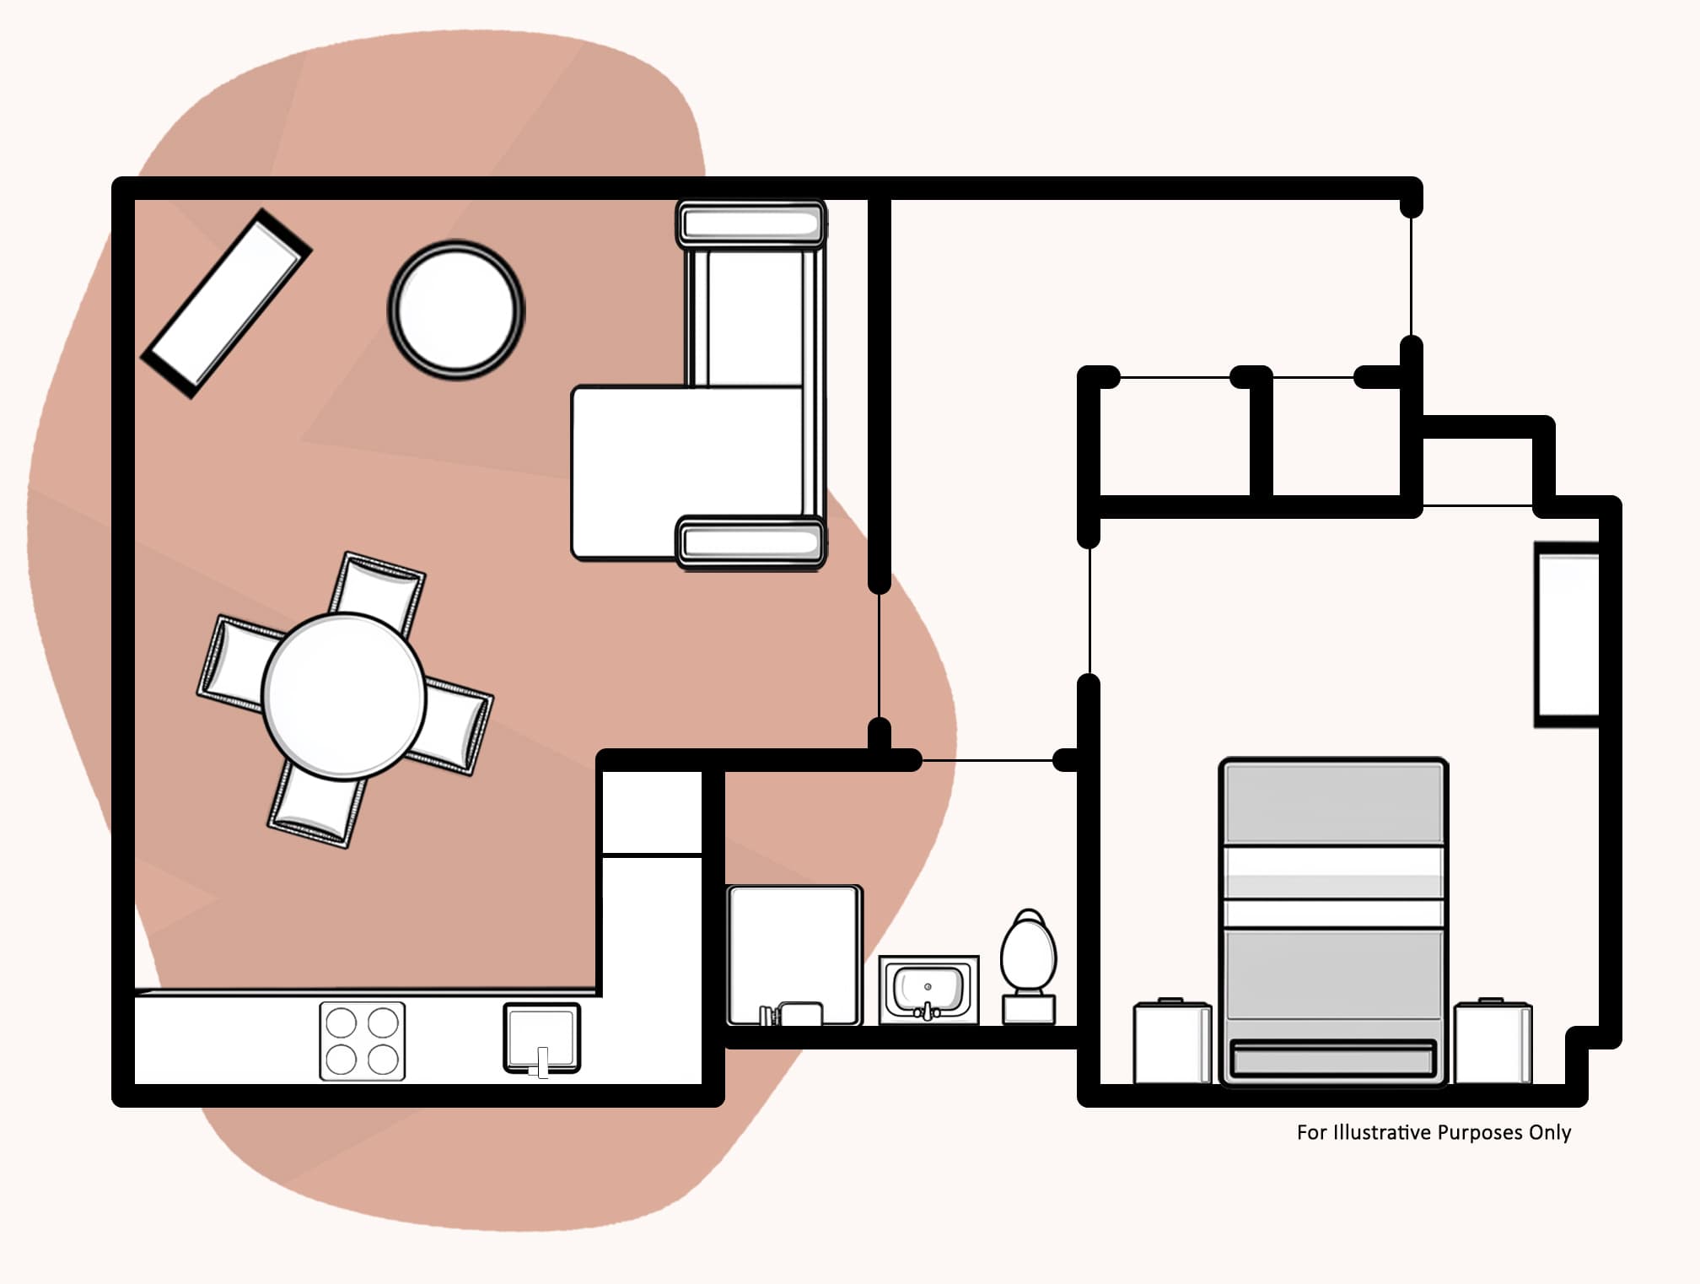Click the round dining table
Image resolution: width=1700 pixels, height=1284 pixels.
click(343, 695)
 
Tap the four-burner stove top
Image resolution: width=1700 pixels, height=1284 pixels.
click(362, 1040)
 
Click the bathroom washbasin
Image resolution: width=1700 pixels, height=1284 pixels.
click(928, 989)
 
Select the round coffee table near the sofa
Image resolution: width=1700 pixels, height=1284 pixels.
click(455, 310)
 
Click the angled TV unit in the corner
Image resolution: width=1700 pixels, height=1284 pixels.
click(226, 303)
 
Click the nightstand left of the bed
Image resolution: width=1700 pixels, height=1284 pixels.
click(1171, 1043)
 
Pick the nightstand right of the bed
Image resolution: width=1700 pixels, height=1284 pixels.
click(1492, 1043)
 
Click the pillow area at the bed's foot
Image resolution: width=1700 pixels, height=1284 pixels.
click(1332, 1060)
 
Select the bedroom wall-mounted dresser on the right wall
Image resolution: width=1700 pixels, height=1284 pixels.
click(1566, 634)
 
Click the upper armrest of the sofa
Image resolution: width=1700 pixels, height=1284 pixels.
click(750, 224)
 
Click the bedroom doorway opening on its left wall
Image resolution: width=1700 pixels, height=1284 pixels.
click(1089, 611)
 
